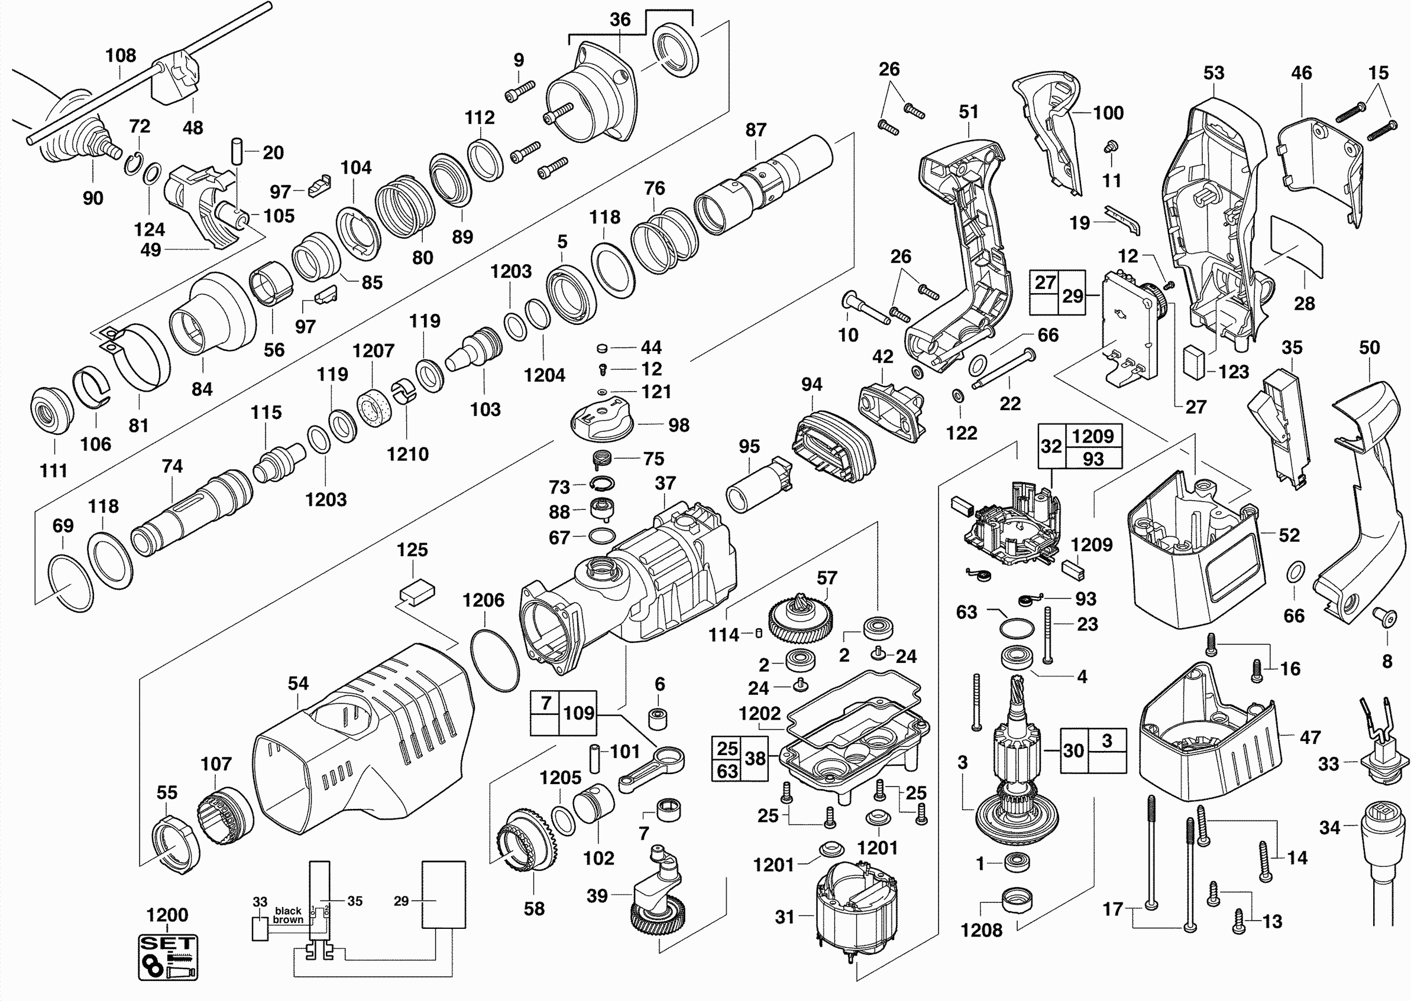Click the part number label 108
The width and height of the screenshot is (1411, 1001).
pos(121,56)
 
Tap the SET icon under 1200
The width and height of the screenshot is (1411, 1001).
pos(168,957)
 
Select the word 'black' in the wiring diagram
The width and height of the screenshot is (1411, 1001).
pos(288,911)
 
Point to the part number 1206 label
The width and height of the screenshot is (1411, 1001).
pos(483,600)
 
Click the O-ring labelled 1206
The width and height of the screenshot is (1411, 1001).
pos(494,659)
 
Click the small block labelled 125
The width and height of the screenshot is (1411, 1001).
pos(417,591)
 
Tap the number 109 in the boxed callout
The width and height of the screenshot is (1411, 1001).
pos(578,713)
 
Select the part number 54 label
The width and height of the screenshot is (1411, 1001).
pos(298,683)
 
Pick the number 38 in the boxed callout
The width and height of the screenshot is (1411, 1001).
pos(755,758)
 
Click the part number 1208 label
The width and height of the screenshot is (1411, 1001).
pos(981,929)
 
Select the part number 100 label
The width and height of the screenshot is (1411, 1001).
pos(1108,113)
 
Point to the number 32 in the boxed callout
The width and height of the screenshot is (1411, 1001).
pos(1051,446)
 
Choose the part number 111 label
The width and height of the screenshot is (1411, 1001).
pos(54,470)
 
